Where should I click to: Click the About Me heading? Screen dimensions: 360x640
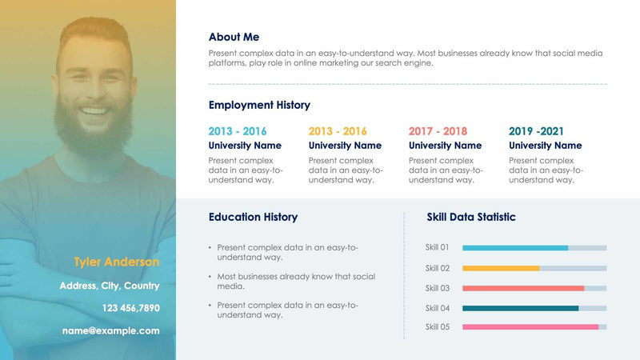(234, 37)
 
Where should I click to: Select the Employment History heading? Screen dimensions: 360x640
(259, 105)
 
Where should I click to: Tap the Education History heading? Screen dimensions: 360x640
(253, 217)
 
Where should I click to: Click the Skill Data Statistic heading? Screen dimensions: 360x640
(471, 217)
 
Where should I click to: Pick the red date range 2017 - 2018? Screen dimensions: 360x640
(438, 131)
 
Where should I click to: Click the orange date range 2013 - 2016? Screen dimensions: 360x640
(338, 131)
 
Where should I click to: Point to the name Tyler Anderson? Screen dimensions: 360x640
(117, 262)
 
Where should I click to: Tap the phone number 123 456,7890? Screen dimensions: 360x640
(130, 308)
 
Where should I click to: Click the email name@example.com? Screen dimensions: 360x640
(111, 330)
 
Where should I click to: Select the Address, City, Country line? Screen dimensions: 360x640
(110, 286)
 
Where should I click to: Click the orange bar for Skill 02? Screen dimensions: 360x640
(501, 268)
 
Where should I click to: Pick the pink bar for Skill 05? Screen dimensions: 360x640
(530, 326)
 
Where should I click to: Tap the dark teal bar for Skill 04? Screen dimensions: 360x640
(520, 308)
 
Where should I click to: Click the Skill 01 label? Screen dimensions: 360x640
(438, 247)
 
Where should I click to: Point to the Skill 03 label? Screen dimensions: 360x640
(438, 288)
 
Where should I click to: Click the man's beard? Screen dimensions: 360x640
(93, 132)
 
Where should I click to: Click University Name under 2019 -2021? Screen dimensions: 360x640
(545, 146)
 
